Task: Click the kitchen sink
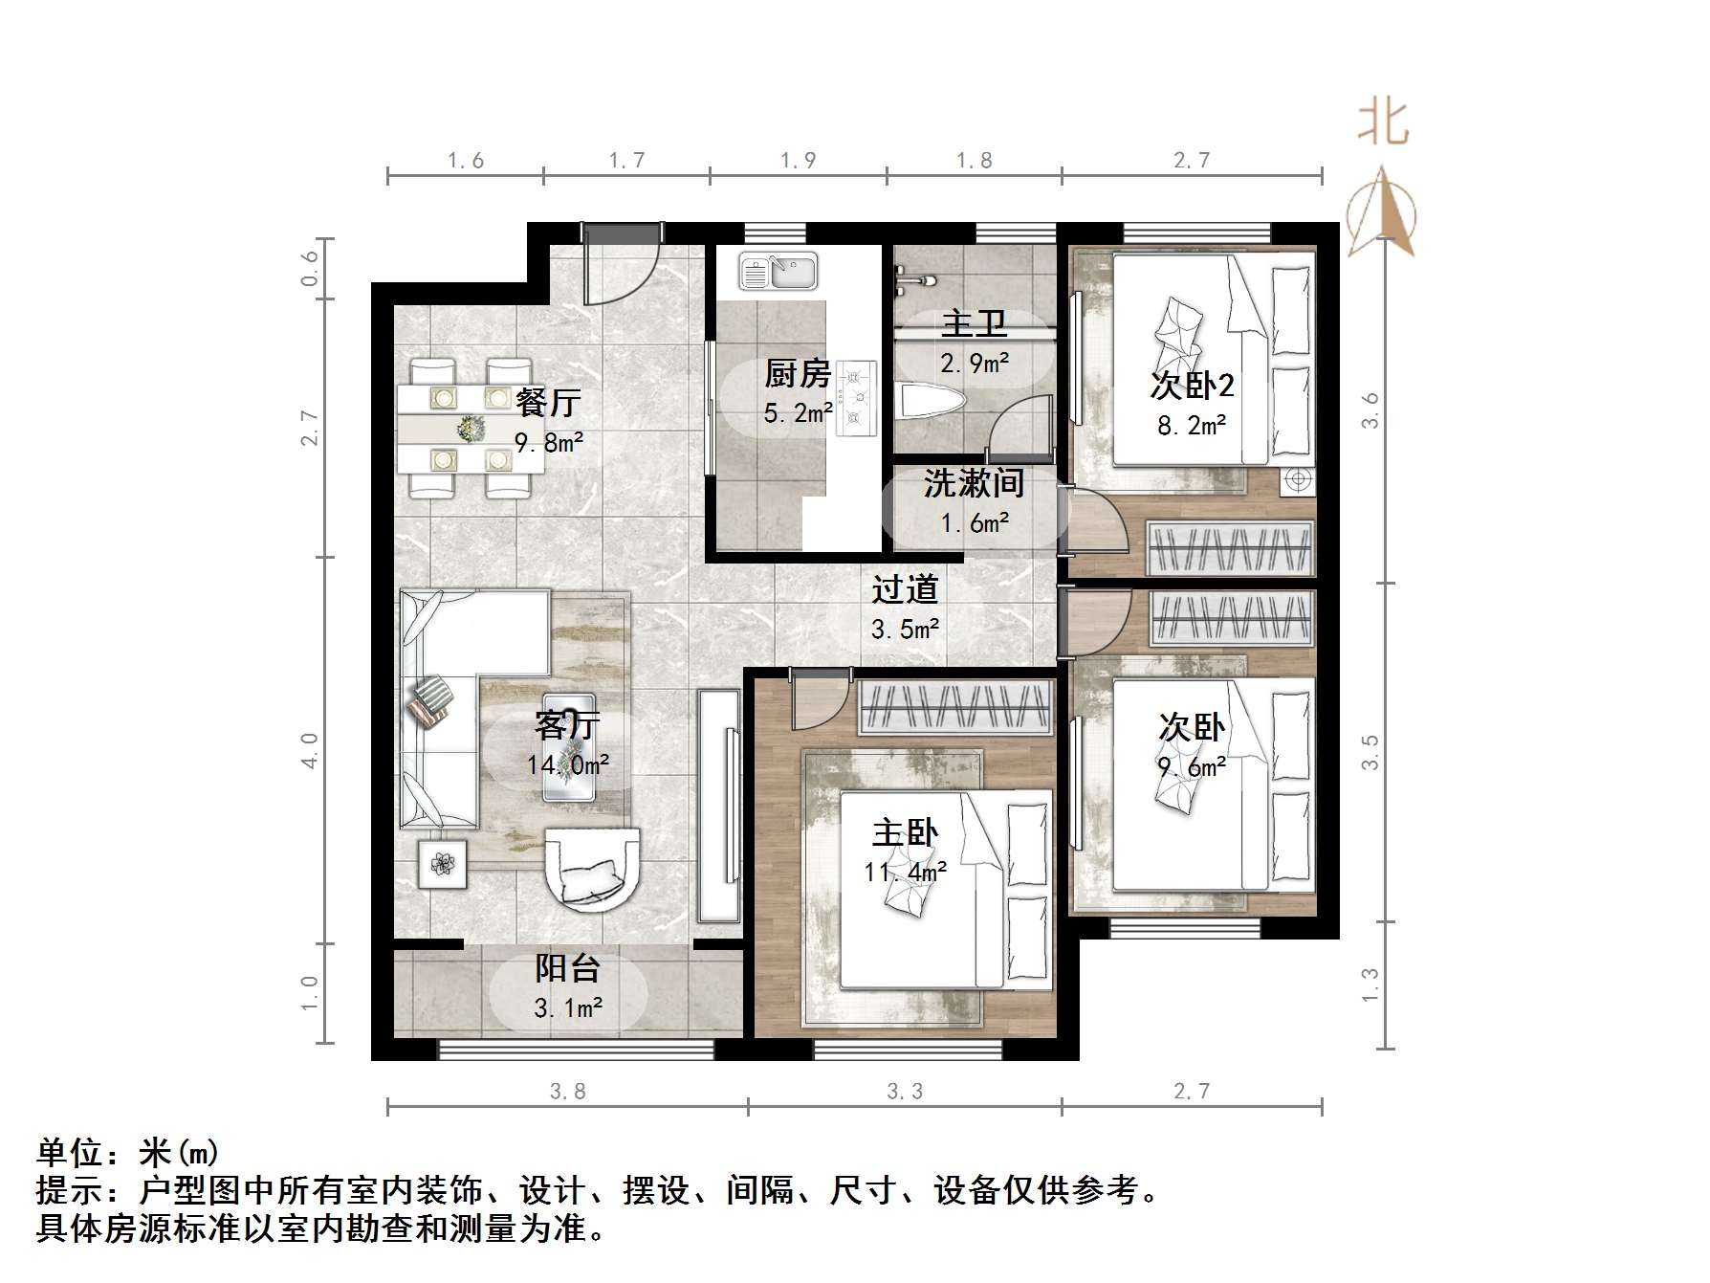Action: point(778,271)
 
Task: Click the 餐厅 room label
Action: point(548,402)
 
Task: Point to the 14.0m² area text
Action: point(568,765)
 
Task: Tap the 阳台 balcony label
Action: point(567,968)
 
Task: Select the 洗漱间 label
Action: point(974,483)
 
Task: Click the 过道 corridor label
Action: point(905,588)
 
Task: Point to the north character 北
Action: point(1383,123)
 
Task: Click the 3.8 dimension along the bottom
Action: point(567,1091)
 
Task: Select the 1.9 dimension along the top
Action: point(798,160)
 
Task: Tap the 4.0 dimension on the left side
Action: point(309,750)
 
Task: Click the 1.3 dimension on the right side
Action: point(1370,984)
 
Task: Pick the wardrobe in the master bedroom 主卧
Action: point(956,708)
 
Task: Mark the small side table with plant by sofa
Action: point(442,864)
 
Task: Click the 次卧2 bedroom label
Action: point(1192,385)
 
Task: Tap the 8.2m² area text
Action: point(1192,425)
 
